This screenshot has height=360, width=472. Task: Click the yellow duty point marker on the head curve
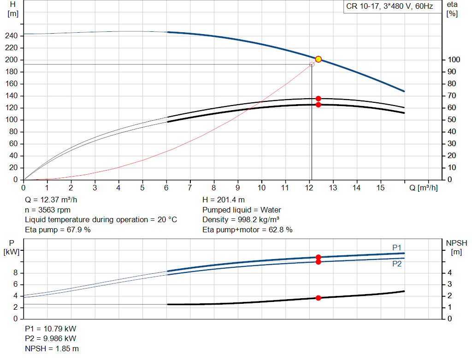(x=318, y=59)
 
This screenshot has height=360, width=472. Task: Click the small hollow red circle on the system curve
(x=312, y=65)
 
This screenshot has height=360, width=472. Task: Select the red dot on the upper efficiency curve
(x=318, y=99)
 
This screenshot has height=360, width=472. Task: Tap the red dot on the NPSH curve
(x=318, y=298)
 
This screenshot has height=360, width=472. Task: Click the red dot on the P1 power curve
(x=318, y=257)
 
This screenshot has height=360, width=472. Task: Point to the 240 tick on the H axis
(x=13, y=36)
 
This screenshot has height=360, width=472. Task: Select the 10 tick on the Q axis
(x=261, y=188)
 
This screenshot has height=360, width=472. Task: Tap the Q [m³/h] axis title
(x=423, y=188)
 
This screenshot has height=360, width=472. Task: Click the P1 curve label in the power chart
(x=397, y=248)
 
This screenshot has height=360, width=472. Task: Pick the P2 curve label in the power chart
(x=397, y=264)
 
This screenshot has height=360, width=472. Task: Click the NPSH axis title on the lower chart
(x=456, y=243)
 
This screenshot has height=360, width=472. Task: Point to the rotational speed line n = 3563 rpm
(x=47, y=210)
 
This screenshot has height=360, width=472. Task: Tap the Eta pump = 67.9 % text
(x=58, y=230)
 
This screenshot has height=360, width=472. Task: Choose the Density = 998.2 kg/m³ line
(x=241, y=219)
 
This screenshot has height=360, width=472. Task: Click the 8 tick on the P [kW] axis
(x=15, y=273)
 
